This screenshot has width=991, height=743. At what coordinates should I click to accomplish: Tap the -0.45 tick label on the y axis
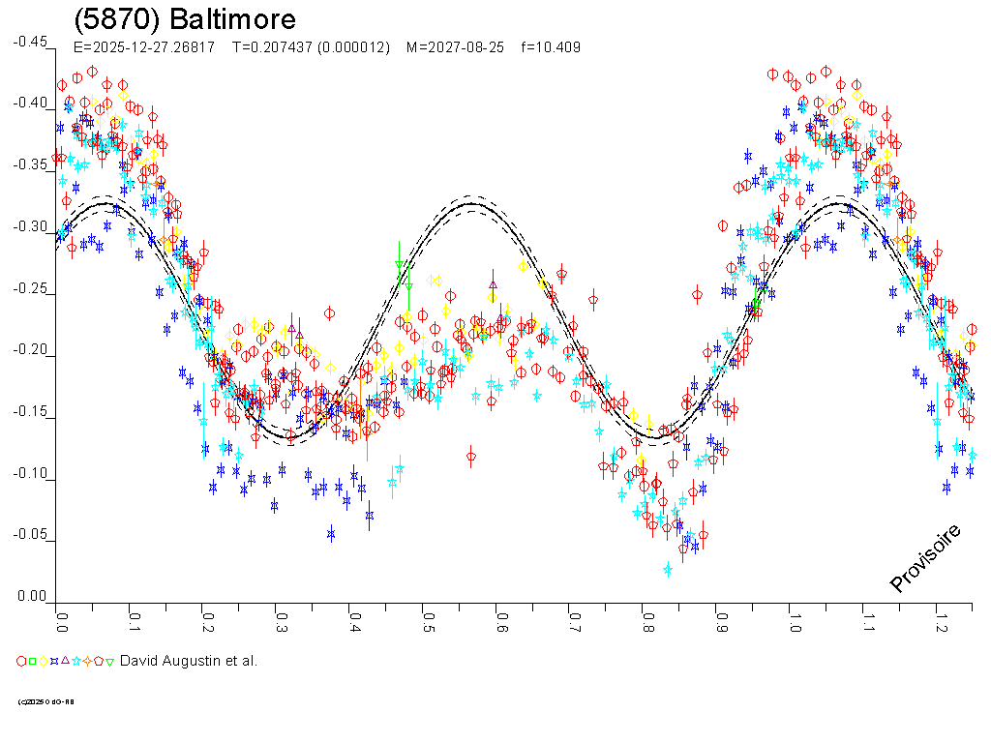pyautogui.click(x=29, y=42)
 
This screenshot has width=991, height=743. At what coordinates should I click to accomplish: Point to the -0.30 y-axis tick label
pyautogui.click(x=29, y=227)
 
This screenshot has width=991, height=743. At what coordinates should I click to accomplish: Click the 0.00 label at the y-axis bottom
pyautogui.click(x=31, y=597)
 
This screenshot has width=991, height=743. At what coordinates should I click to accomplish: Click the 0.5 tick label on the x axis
pyautogui.click(x=427, y=619)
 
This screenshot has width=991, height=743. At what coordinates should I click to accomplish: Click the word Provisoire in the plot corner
pyautogui.click(x=925, y=558)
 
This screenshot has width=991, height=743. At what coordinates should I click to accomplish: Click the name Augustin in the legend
pyautogui.click(x=193, y=661)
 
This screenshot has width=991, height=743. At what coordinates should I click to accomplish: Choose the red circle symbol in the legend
pyautogui.click(x=21, y=662)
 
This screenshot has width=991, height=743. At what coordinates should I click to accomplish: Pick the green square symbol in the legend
pyautogui.click(x=32, y=662)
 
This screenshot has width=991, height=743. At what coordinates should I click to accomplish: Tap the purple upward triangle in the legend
pyautogui.click(x=65, y=662)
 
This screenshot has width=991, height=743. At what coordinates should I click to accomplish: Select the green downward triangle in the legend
pyautogui.click(x=109, y=662)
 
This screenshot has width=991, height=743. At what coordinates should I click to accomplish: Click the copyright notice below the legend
pyautogui.click(x=45, y=701)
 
